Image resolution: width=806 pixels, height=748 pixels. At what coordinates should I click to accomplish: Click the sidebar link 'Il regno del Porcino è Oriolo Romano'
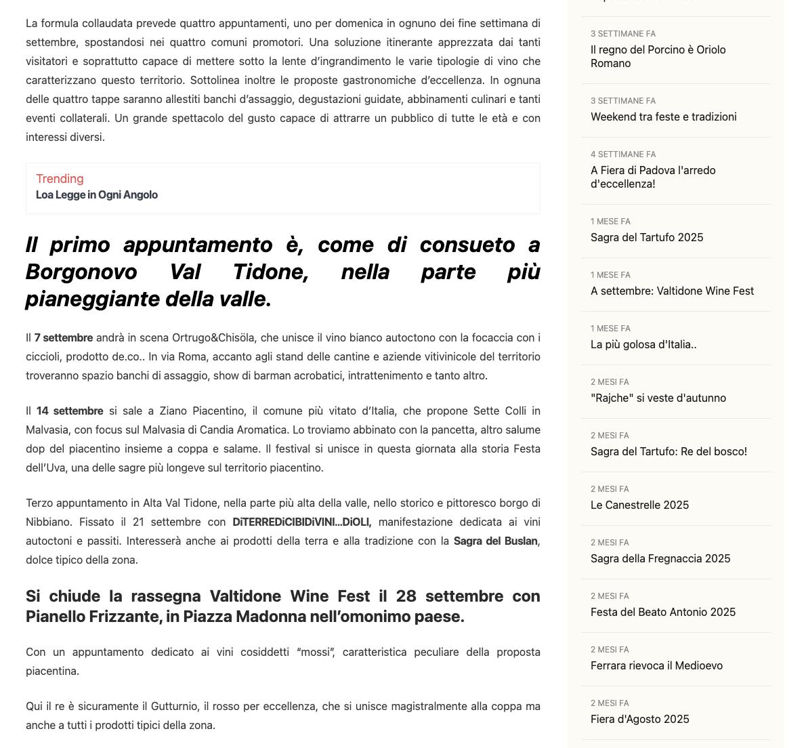(658, 56)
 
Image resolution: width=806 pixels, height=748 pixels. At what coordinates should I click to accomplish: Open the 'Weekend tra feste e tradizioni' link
(663, 117)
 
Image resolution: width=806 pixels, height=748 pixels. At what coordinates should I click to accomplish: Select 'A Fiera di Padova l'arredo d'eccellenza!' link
(652, 177)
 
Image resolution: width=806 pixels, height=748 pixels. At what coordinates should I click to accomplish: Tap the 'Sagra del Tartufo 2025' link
(646, 237)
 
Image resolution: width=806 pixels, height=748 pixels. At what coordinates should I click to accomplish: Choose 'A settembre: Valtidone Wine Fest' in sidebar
(671, 291)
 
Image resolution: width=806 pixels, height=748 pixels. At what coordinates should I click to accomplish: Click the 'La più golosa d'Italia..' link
(643, 344)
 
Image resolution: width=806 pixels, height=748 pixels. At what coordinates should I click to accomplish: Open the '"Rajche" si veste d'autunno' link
(658, 398)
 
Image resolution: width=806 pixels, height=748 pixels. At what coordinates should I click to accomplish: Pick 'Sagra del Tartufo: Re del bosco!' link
(668, 451)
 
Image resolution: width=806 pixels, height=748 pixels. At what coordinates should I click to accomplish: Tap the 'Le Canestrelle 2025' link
(639, 505)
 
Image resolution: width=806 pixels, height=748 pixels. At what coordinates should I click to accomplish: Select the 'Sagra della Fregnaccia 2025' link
(660, 558)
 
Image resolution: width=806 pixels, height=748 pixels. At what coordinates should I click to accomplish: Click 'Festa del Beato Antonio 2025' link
(662, 612)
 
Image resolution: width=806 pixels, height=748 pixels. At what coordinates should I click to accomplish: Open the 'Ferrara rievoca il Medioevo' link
(656, 665)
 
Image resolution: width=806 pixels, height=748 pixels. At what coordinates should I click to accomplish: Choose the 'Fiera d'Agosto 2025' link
(639, 719)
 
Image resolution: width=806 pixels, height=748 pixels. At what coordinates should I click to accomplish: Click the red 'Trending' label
(60, 179)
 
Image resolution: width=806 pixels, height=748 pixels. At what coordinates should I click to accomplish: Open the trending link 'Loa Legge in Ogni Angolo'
(96, 195)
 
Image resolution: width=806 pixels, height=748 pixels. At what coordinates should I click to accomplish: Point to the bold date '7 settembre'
(64, 337)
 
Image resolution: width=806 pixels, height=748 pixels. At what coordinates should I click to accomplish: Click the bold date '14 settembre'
(70, 411)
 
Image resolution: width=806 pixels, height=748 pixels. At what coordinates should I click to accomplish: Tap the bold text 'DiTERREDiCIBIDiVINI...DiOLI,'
(301, 522)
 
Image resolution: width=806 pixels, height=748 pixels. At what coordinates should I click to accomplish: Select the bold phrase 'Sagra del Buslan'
(495, 541)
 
